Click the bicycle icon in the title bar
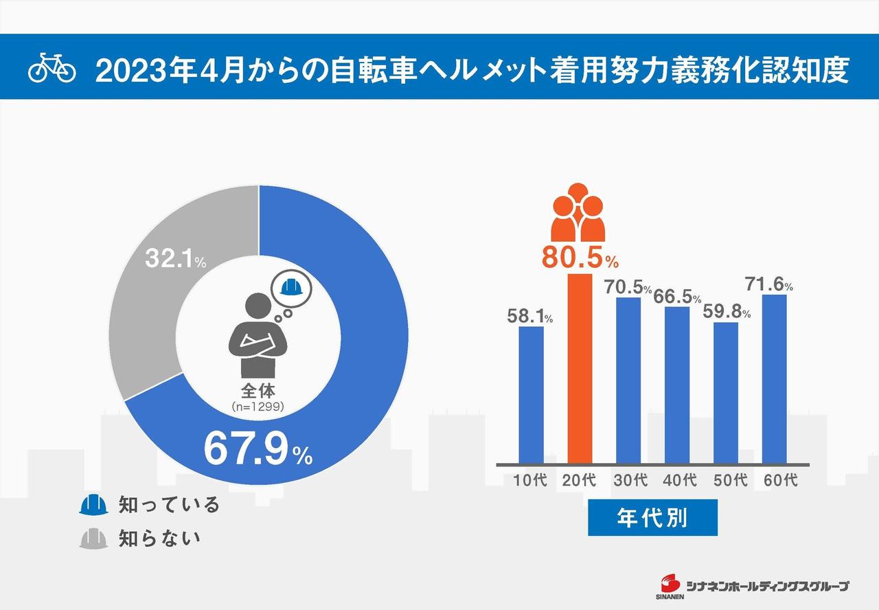pyautogui.click(x=52, y=69)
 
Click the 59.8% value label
pyautogui.click(x=727, y=312)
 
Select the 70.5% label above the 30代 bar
pyautogui.click(x=628, y=287)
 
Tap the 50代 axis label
pyautogui.click(x=730, y=479)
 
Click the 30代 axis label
pyautogui.click(x=630, y=479)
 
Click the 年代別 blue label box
pyautogui.click(x=652, y=517)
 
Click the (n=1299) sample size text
pyautogui.click(x=258, y=407)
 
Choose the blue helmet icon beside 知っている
pyautogui.click(x=94, y=505)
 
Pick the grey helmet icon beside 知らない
pyautogui.click(x=94, y=538)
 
